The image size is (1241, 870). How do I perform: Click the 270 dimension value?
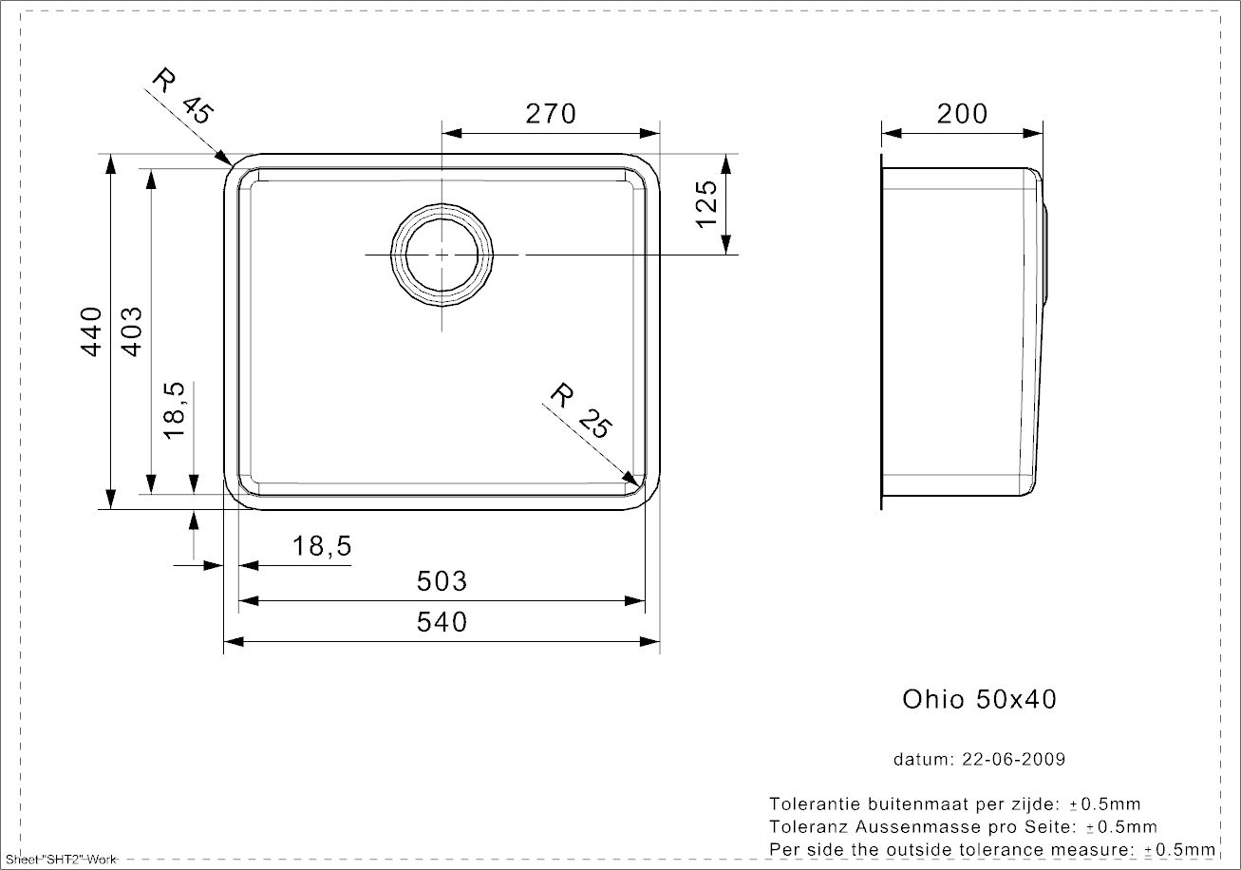pyautogui.click(x=551, y=114)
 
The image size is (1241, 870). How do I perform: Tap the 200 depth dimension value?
pyautogui.click(x=963, y=114)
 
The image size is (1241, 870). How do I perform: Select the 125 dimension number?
pyautogui.click(x=706, y=204)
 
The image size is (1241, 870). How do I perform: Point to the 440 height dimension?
pyautogui.click(x=91, y=331)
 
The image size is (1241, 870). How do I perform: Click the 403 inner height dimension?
pyautogui.click(x=132, y=331)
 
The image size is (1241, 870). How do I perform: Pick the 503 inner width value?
pyautogui.click(x=442, y=581)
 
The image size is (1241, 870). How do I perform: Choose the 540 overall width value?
pyautogui.click(x=442, y=622)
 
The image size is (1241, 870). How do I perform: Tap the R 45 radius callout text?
pyautogui.click(x=182, y=96)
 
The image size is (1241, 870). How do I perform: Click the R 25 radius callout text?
pyautogui.click(x=582, y=410)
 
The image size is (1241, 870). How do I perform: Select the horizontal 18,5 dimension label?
pyautogui.click(x=321, y=546)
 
